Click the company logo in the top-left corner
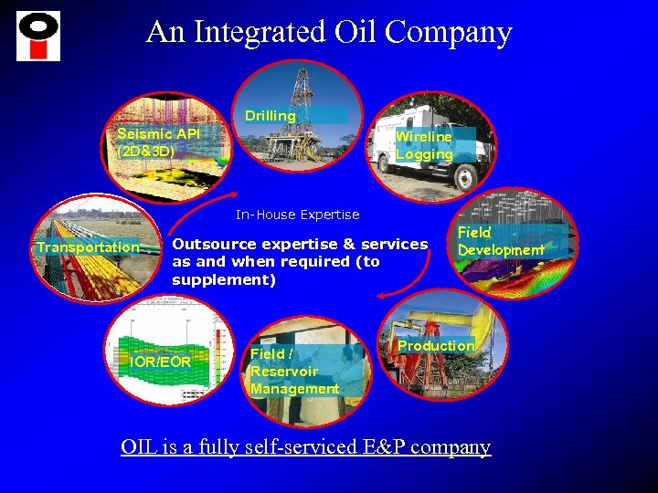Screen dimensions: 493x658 coord(38,36)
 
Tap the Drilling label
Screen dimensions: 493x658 coord(270,116)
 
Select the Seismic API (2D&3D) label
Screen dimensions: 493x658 coord(158,142)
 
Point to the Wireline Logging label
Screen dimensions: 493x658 coord(424,145)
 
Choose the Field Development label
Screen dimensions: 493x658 coord(500,241)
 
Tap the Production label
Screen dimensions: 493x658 coord(436,345)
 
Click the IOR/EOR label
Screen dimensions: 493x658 coord(161,362)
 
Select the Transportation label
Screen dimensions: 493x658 coord(88,246)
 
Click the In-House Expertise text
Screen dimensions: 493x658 coord(298,215)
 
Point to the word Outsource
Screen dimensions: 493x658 coord(215,244)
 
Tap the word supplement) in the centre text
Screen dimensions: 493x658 coord(224,279)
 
